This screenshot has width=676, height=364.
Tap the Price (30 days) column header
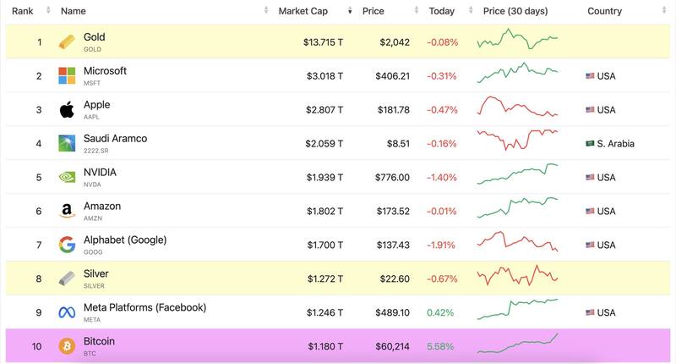[x=515, y=11]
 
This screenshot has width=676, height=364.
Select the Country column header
[x=604, y=11]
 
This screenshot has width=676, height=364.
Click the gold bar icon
[x=67, y=41]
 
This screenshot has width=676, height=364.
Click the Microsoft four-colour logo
[x=67, y=75]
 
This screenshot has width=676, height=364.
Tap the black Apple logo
[x=67, y=109]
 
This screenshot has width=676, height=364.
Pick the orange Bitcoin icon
[x=67, y=346]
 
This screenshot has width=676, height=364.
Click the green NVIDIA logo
[x=67, y=177]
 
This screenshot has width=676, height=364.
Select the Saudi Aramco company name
[x=115, y=138]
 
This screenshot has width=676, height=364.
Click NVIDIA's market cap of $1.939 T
[x=324, y=177]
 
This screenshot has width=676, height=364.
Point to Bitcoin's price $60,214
[x=391, y=346]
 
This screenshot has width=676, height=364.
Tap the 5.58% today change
[x=442, y=346]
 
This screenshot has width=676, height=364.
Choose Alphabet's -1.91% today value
[x=440, y=245]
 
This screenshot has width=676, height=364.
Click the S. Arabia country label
[x=615, y=143]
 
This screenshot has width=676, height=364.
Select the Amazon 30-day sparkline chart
[x=517, y=207]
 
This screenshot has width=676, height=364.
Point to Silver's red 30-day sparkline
[x=517, y=275]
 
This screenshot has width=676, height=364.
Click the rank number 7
[x=38, y=245]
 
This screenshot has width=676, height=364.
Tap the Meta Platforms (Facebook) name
[x=144, y=307]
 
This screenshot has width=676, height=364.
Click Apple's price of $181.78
[x=392, y=109]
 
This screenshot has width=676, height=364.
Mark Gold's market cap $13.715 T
[x=323, y=41]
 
